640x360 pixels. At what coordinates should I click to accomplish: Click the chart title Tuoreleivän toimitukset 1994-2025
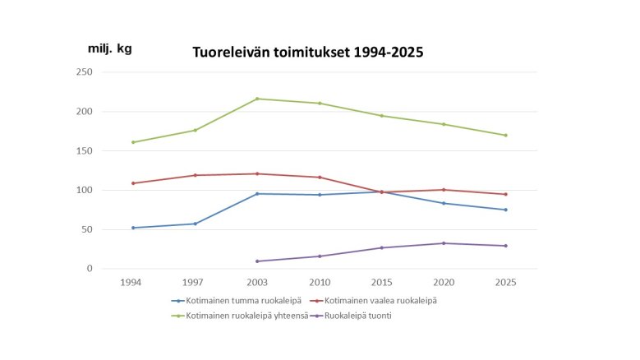pos(307,53)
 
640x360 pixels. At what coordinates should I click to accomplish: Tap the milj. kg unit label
pos(109,48)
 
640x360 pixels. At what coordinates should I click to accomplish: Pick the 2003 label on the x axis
pos(257,282)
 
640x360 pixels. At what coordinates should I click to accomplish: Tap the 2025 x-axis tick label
pos(506,282)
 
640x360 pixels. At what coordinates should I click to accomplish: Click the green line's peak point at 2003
pos(257,99)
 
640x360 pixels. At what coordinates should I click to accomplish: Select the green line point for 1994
pos(133,142)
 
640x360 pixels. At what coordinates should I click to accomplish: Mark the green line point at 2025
pos(506,135)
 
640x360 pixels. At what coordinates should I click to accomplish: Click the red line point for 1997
pos(196,175)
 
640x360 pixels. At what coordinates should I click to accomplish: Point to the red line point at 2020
pos(444,190)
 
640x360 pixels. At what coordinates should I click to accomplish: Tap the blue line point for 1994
pos(133,228)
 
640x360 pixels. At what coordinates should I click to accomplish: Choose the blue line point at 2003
pos(257,193)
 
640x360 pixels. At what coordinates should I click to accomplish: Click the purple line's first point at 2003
pos(257,261)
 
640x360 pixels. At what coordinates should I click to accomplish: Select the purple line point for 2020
pos(444,243)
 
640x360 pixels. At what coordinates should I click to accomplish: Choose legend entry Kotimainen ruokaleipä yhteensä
pos(242,315)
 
